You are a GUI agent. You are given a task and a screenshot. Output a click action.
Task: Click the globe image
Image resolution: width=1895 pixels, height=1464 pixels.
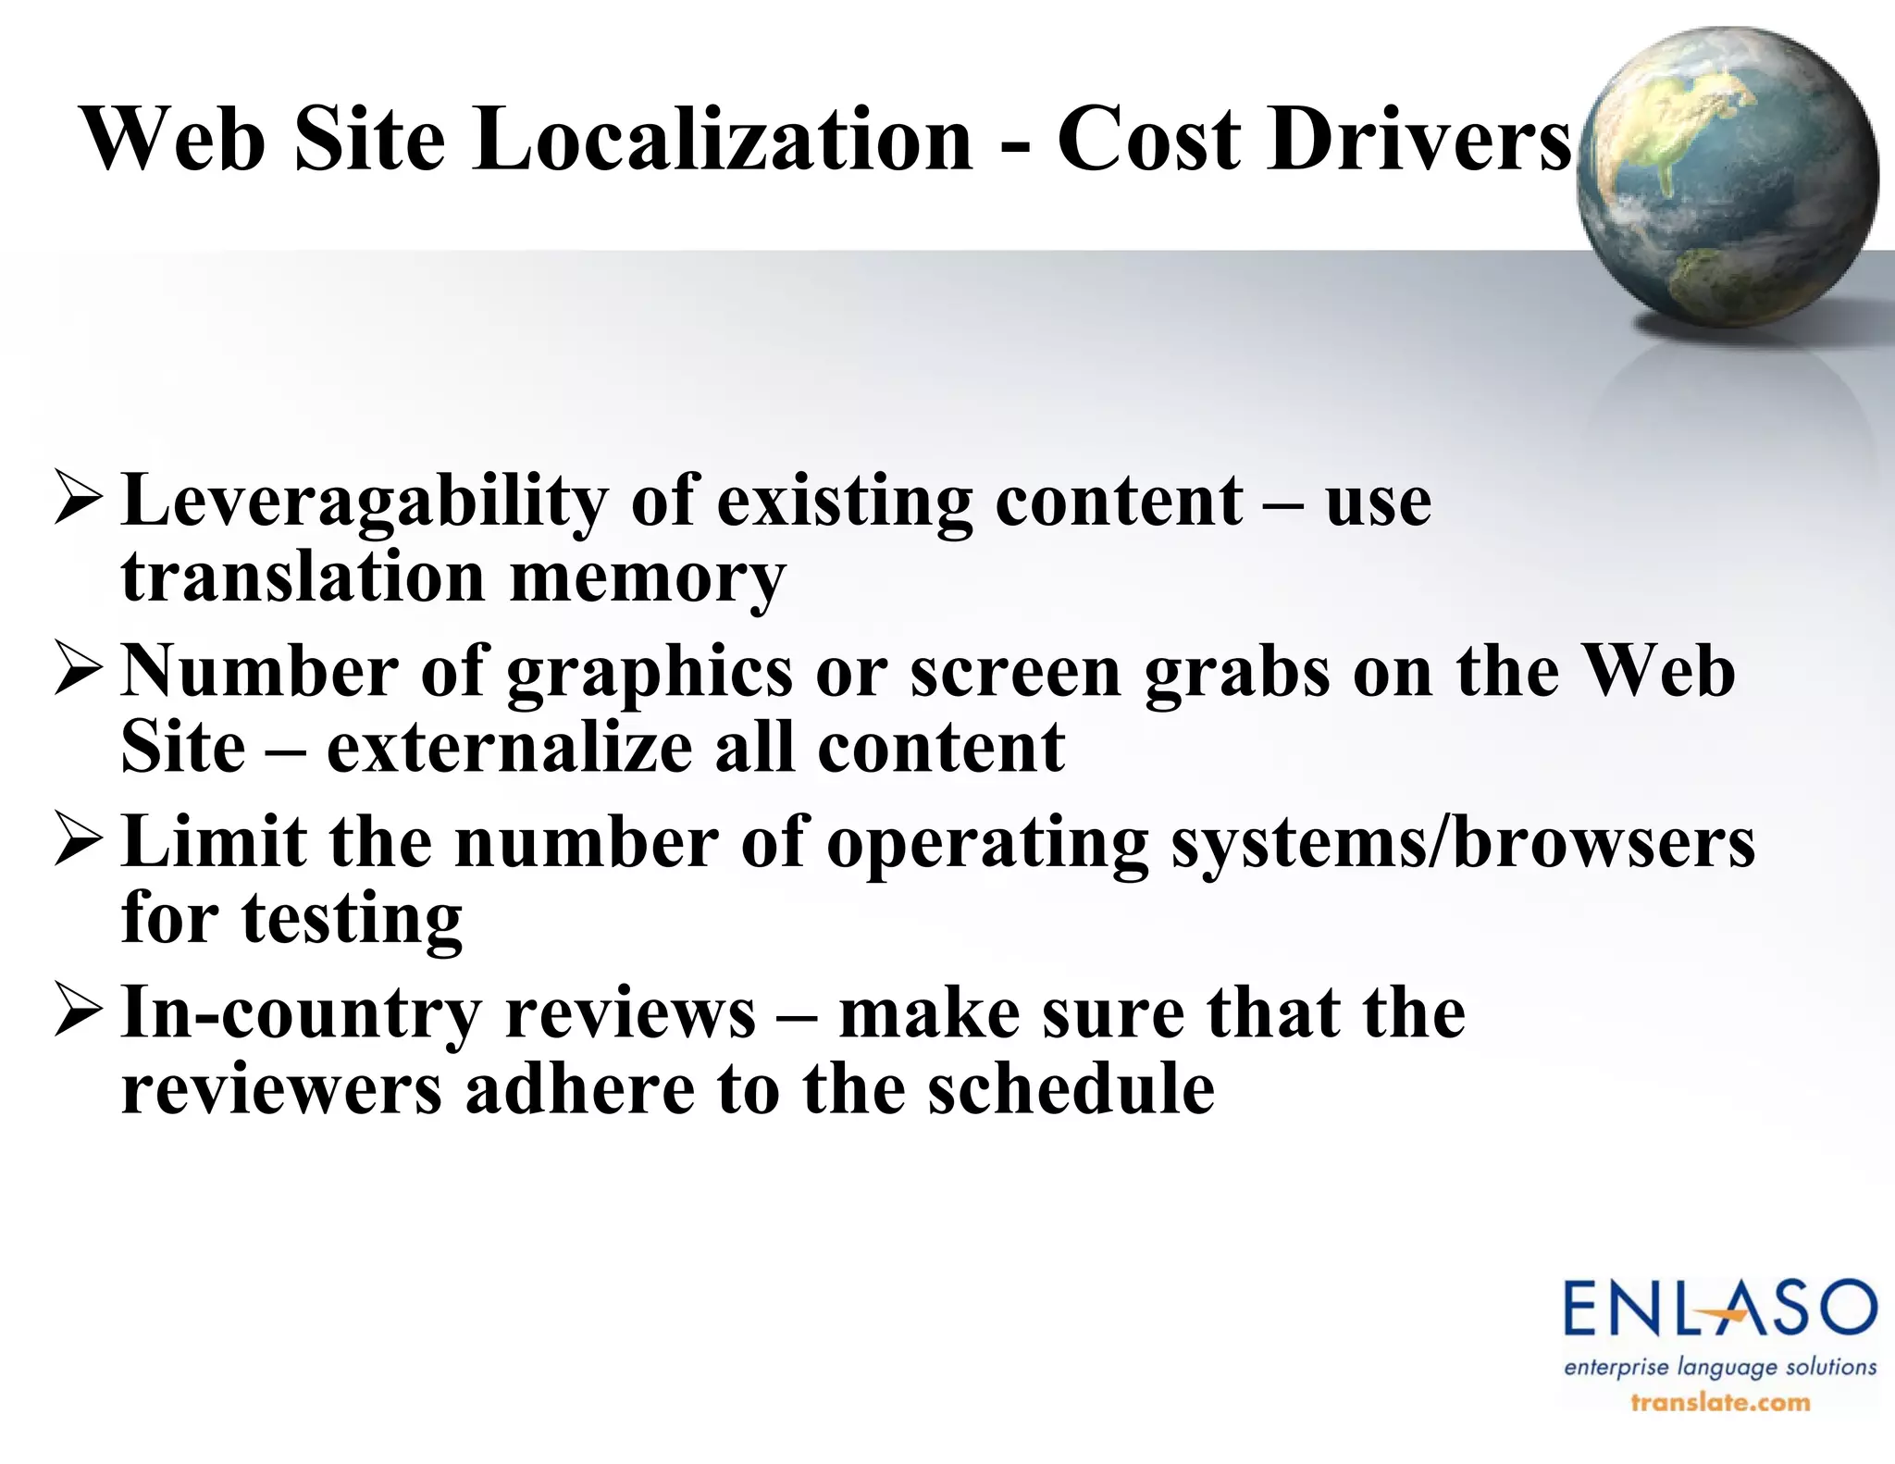(1727, 178)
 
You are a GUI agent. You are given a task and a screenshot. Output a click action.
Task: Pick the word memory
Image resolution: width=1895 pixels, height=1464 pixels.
(648, 578)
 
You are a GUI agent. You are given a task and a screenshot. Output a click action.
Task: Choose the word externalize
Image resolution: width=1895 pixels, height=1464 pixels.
(509, 748)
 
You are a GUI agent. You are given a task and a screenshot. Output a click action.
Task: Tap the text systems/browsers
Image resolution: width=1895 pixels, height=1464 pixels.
(1462, 844)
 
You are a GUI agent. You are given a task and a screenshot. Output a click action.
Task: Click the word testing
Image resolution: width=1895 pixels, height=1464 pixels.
(352, 921)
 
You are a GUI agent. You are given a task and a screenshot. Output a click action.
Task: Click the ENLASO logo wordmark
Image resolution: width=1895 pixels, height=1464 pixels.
(1719, 1308)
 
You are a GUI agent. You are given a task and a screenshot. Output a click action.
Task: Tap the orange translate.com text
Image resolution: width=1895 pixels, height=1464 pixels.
(1719, 1403)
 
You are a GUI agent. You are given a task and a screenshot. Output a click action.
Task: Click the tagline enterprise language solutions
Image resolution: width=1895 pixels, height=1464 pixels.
(1719, 1367)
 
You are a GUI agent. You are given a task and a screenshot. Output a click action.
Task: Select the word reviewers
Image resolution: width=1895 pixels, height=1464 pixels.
(282, 1089)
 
